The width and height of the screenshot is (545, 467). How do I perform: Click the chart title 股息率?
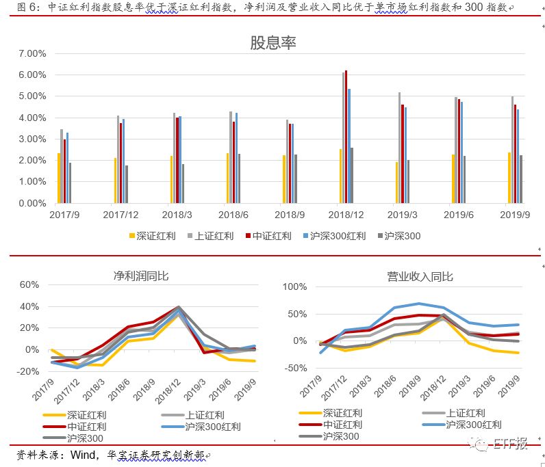coord(272,43)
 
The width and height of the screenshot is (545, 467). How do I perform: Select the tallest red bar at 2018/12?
coord(346,137)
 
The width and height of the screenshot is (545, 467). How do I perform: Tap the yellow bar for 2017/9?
coord(59,178)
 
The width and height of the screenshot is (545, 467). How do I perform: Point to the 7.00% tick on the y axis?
coord(31,53)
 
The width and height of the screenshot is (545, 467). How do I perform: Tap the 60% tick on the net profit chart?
coord(31,284)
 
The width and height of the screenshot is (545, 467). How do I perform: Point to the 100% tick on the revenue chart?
coord(301,286)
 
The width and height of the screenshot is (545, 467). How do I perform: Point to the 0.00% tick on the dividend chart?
coord(31,203)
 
